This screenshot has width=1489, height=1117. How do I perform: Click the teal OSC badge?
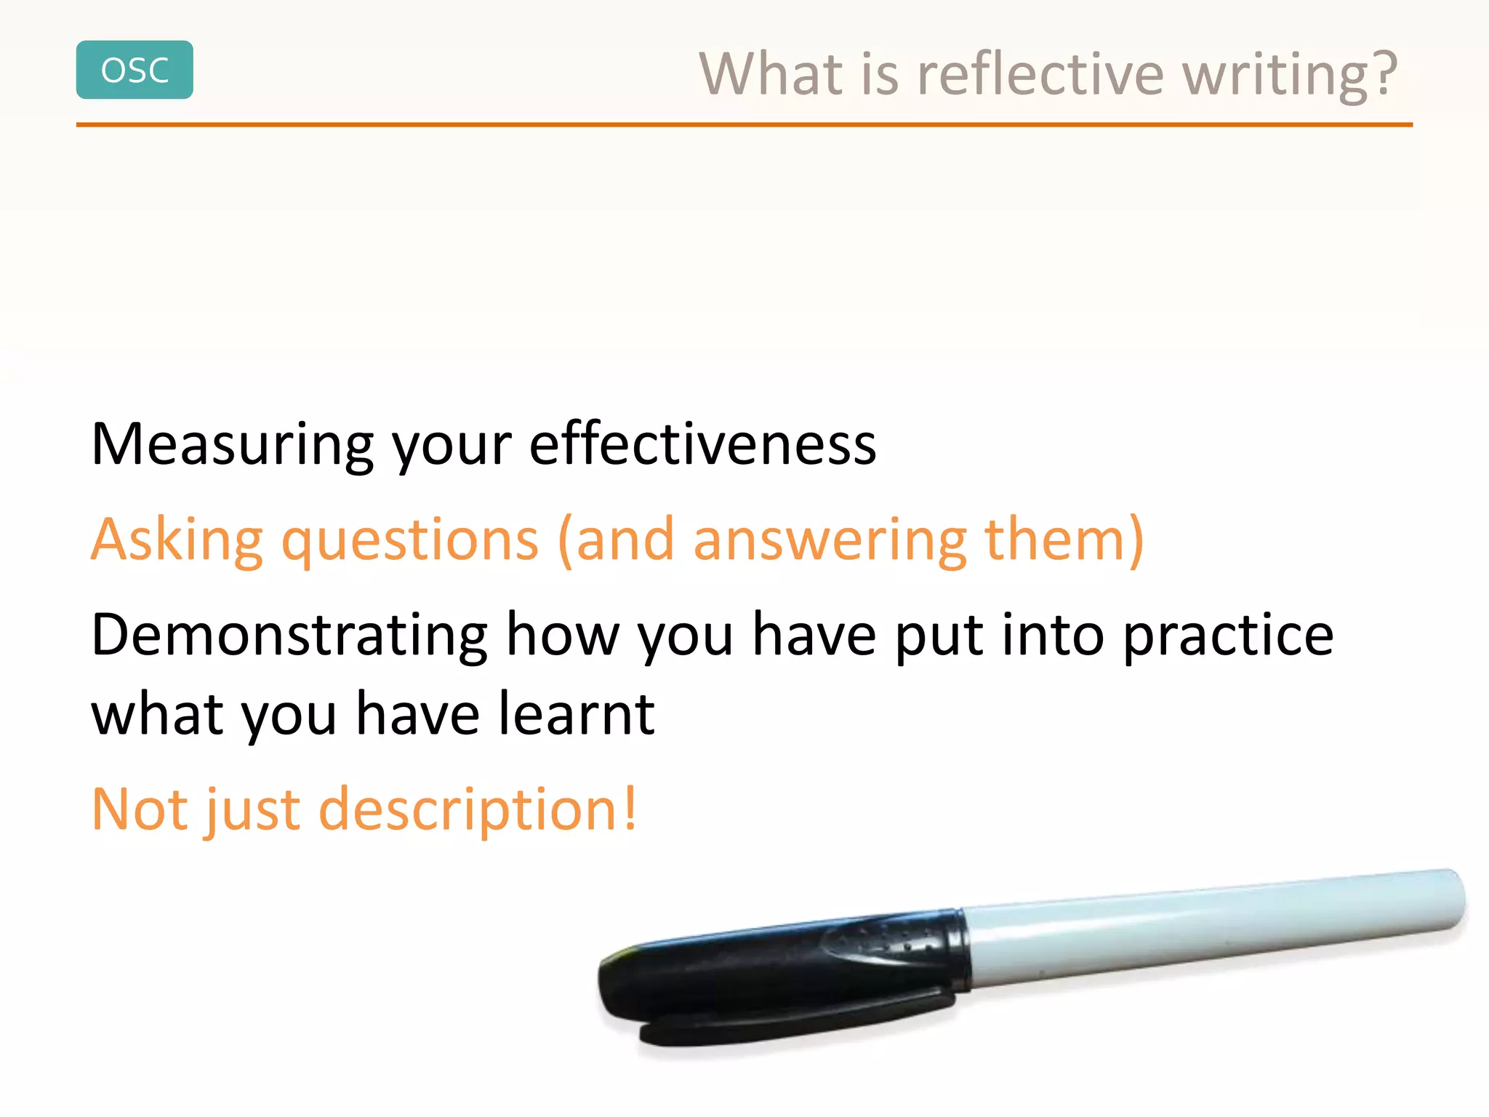tap(135, 70)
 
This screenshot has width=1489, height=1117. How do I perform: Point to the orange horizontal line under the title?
tap(744, 125)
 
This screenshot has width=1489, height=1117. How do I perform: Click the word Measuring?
tap(231, 445)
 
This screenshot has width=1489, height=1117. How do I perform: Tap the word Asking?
tap(177, 541)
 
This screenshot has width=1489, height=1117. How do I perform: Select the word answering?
tap(830, 541)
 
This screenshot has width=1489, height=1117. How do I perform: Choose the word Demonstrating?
tap(289, 636)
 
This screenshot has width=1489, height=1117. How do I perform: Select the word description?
tap(478, 810)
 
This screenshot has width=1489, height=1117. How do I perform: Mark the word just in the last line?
tap(253, 810)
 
